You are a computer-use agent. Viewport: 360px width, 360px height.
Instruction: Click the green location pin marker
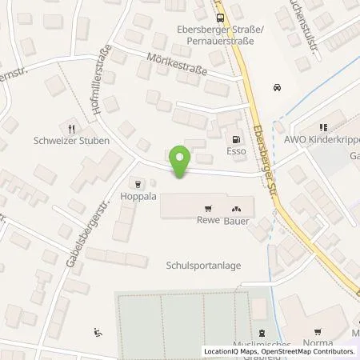[182, 161]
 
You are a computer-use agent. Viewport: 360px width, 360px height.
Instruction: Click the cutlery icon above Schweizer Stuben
[72, 127]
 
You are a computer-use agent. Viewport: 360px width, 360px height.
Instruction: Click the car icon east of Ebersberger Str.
[277, 87]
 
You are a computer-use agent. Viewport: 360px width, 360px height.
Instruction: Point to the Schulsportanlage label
[203, 266]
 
